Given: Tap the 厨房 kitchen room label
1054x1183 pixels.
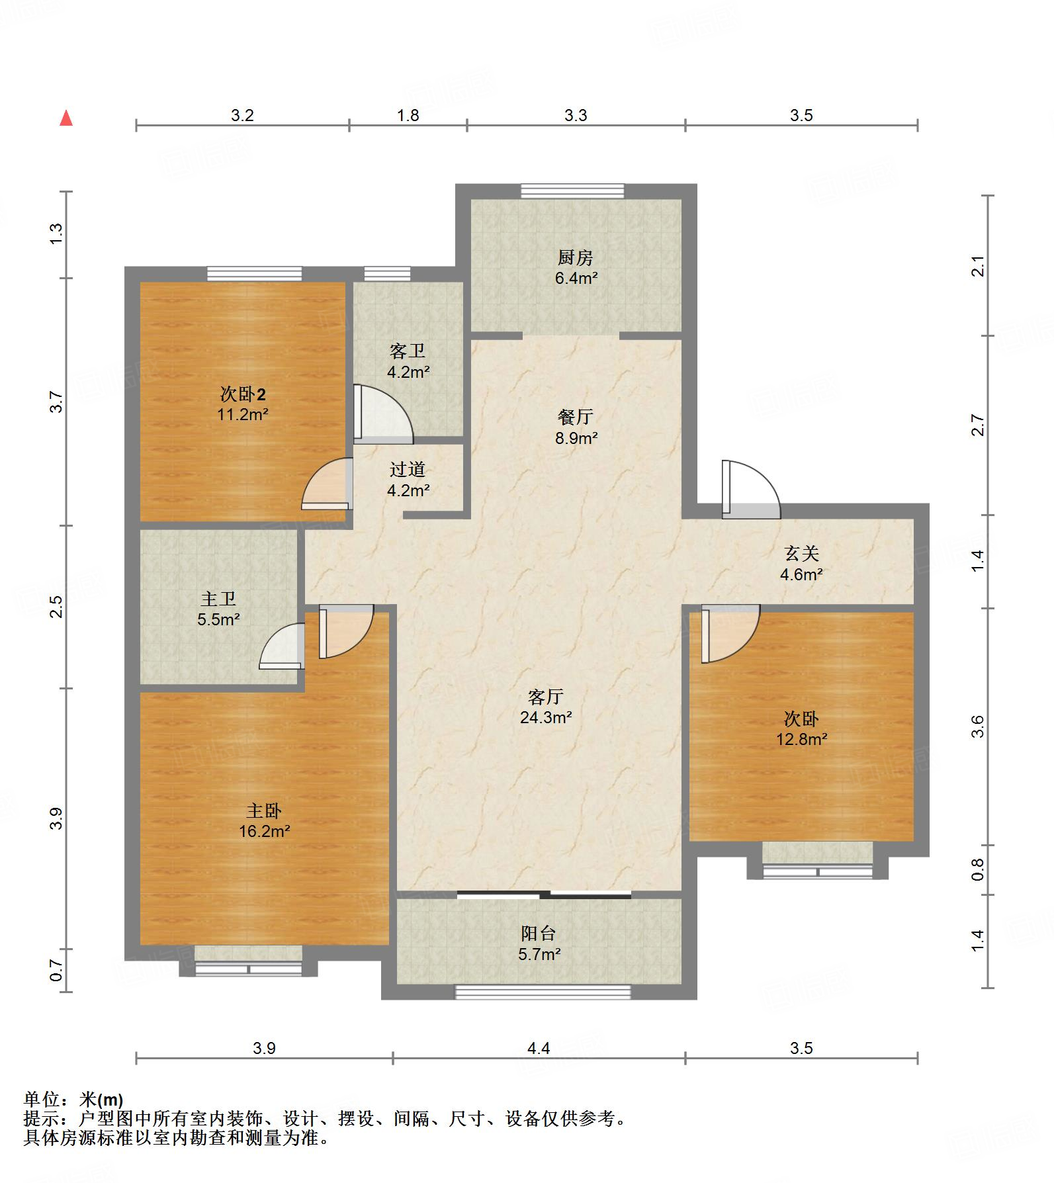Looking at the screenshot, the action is click(575, 257).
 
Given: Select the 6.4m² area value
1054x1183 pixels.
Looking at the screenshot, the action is click(576, 278).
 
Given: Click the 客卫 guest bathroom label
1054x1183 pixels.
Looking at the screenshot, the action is click(408, 351).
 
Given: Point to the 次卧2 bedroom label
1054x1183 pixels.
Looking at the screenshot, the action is click(243, 394).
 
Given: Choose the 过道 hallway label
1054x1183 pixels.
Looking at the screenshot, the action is click(408, 470).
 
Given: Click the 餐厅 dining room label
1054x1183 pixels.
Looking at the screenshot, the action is click(575, 417).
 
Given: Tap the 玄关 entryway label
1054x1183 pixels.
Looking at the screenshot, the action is click(802, 553).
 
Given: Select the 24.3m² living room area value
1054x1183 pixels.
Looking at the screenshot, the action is click(546, 717).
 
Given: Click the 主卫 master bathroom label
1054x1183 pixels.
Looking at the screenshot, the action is click(218, 599).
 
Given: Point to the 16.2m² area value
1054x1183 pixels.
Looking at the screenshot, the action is click(265, 831).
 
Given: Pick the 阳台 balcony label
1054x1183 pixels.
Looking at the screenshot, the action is click(539, 934).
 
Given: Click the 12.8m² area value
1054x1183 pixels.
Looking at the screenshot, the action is click(802, 739).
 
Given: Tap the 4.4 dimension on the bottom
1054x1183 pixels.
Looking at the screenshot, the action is click(539, 1048).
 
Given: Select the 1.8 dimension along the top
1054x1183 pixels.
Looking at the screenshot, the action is click(408, 115).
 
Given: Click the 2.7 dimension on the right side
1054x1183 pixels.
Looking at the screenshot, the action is click(978, 425).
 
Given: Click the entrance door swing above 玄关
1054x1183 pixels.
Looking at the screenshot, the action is click(751, 490).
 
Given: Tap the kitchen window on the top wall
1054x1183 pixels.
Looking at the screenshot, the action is click(572, 191).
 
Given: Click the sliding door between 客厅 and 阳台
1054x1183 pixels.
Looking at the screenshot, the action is click(544, 895).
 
